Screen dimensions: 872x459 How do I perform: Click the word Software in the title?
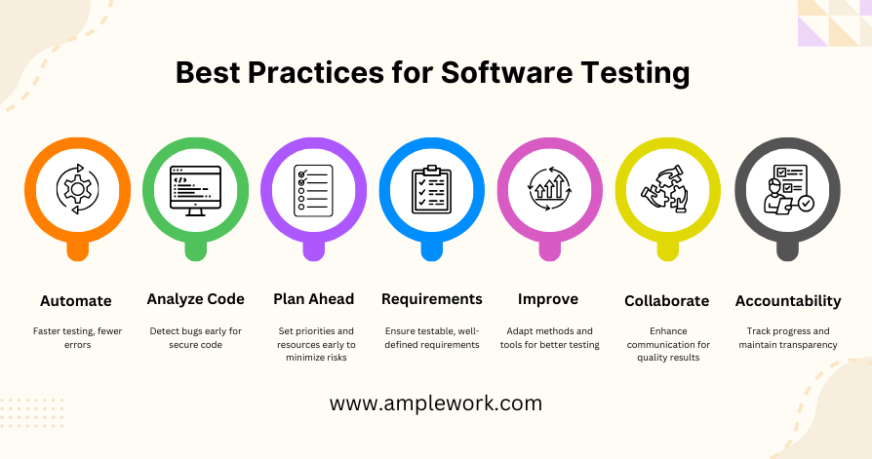tap(506, 73)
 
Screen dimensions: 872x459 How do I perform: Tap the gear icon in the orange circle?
tap(78, 189)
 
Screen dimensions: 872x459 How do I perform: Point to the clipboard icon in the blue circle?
tap(431, 189)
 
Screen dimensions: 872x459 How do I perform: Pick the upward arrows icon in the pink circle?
tap(549, 189)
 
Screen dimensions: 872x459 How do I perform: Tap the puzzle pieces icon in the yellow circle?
tap(667, 189)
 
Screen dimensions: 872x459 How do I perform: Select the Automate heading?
tap(76, 301)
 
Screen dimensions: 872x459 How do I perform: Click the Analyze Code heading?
tap(196, 299)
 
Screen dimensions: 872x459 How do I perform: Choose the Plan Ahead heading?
tap(314, 299)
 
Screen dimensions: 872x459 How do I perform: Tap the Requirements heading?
tap(432, 299)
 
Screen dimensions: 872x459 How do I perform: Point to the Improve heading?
tap(548, 299)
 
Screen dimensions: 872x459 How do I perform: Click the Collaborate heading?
tap(667, 301)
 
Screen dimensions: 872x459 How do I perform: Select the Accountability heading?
tap(788, 301)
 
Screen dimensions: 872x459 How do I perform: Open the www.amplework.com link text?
tap(435, 403)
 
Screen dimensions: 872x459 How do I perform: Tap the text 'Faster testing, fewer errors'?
tap(77, 338)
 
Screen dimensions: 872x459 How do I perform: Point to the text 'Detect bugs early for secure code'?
tap(196, 338)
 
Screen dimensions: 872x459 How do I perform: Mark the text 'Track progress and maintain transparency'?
tap(788, 338)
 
